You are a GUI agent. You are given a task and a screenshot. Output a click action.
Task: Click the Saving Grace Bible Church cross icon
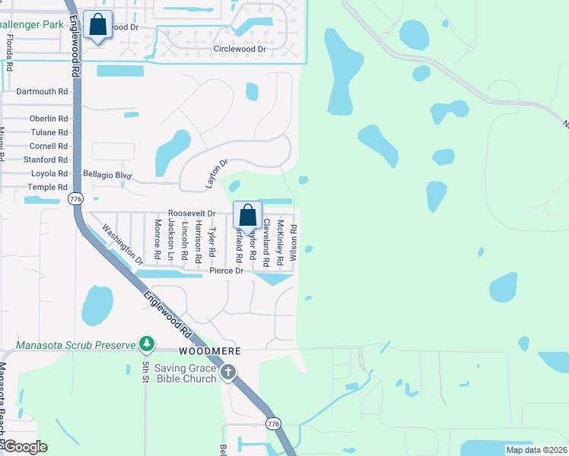click(228, 372)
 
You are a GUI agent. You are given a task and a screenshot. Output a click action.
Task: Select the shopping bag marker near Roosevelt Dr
click(248, 216)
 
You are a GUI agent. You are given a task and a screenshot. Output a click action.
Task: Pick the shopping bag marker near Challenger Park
click(98, 25)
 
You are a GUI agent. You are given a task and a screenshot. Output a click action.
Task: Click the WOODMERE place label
click(210, 352)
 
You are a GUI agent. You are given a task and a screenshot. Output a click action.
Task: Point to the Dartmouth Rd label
click(42, 91)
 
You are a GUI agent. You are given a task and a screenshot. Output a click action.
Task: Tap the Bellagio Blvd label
click(107, 176)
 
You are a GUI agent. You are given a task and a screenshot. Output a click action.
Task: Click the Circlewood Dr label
click(240, 49)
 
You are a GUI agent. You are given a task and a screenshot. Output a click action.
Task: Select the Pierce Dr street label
click(227, 271)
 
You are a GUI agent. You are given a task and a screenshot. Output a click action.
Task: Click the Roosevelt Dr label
click(192, 214)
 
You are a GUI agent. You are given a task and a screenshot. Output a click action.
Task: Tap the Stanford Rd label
click(46, 160)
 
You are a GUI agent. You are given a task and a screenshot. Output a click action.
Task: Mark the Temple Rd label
click(48, 187)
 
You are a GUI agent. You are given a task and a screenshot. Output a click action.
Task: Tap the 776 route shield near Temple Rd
click(75, 199)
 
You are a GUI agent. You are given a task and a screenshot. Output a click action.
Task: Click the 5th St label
click(145, 372)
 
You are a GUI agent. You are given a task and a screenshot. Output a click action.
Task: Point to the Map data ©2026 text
click(536, 450)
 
